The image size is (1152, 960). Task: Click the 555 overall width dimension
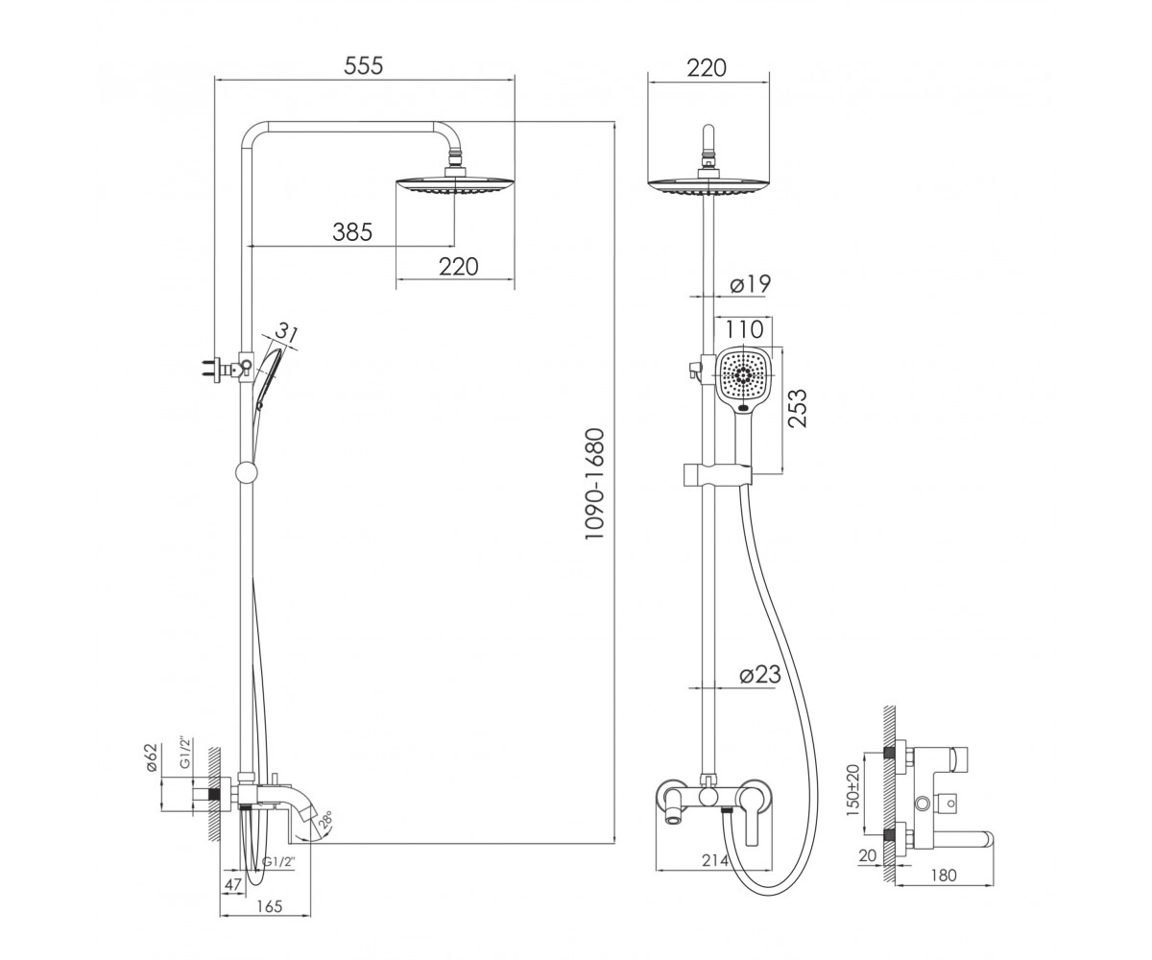pyautogui.click(x=363, y=65)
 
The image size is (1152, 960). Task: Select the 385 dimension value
pyautogui.click(x=352, y=231)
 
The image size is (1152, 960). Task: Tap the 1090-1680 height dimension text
pyautogui.click(x=595, y=484)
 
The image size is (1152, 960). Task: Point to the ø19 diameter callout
pyautogui.click(x=750, y=283)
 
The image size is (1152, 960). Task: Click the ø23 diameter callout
pyautogui.click(x=759, y=674)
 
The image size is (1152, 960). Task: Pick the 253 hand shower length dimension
pyautogui.click(x=798, y=408)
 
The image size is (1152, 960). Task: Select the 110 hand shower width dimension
pyautogui.click(x=744, y=329)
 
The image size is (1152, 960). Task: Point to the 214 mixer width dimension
pyautogui.click(x=715, y=860)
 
